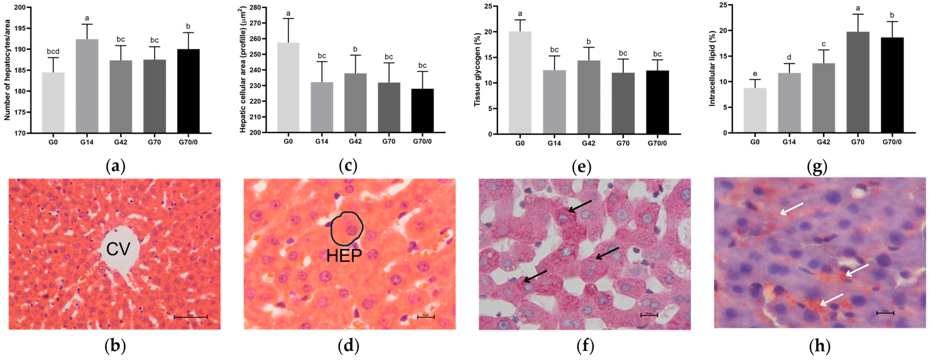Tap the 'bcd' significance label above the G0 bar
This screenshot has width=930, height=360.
pos(53,51)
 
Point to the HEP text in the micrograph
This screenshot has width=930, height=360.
pos(344,256)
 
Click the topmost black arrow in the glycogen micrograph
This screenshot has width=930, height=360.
pos(580,206)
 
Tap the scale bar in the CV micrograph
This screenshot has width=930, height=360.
pos(191,317)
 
